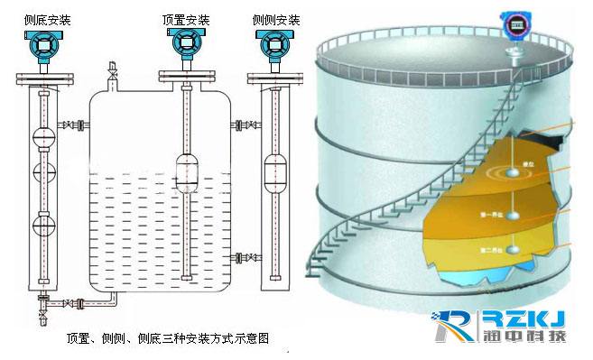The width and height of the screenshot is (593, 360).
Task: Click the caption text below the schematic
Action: [x=168, y=338]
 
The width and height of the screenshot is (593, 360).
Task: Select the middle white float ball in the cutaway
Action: [x=513, y=215]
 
